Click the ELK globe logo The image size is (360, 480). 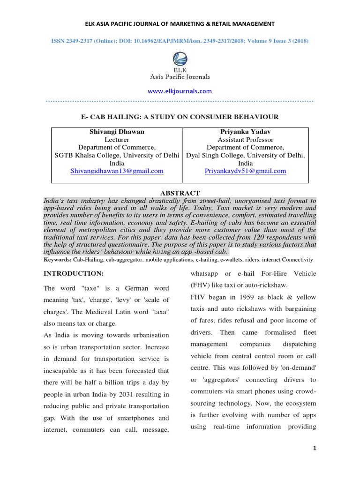180,60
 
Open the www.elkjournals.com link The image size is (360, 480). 180,91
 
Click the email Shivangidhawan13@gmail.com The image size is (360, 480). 117,171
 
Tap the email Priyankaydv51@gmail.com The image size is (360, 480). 245,171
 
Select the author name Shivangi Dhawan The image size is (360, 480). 117,132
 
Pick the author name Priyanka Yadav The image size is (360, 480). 245,132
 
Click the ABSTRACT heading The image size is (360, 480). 180,193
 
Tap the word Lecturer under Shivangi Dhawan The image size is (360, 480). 117,140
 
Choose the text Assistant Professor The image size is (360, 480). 246,140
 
